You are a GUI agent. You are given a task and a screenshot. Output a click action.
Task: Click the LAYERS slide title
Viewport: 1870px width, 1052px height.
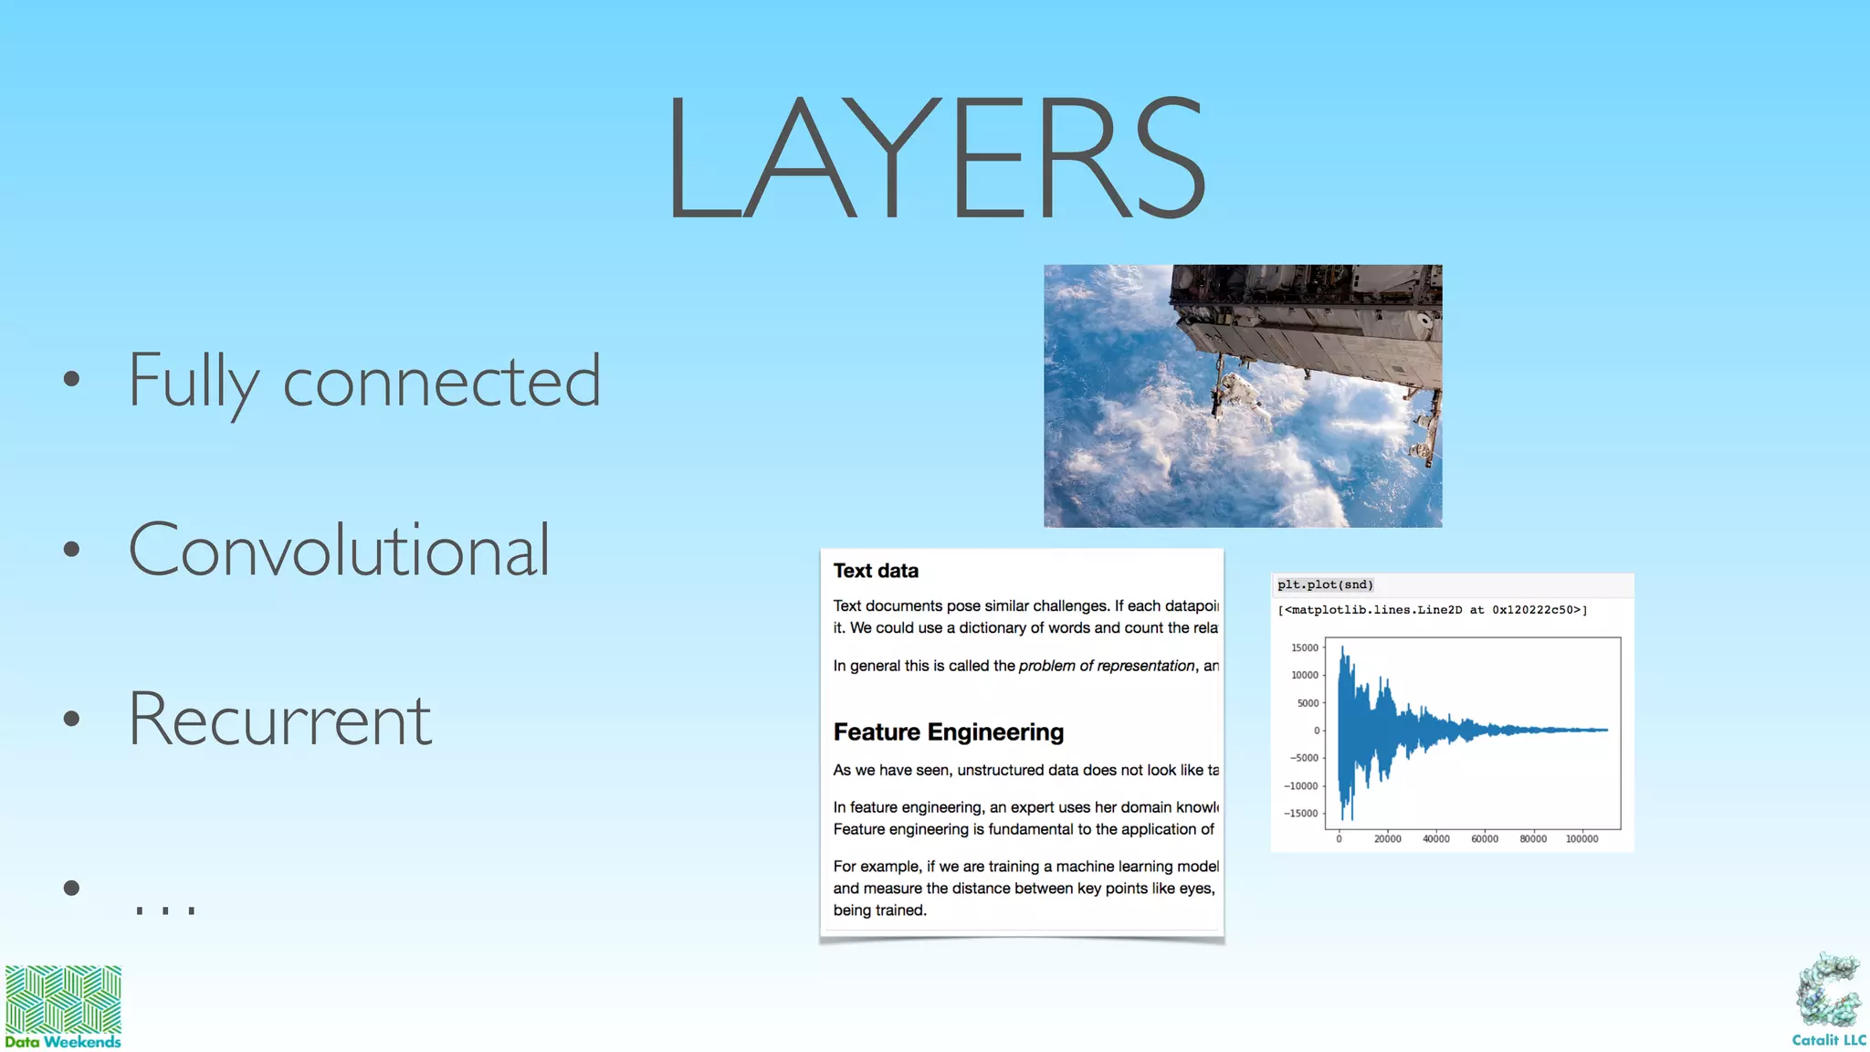(936, 157)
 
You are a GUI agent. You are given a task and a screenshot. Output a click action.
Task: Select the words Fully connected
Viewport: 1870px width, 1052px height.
(363, 381)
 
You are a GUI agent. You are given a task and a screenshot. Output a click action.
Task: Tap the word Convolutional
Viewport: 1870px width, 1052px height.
(339, 550)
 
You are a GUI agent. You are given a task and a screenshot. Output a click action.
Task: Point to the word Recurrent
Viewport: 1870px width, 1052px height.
(279, 720)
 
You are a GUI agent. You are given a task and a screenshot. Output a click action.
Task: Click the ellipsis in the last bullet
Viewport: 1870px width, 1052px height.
(165, 908)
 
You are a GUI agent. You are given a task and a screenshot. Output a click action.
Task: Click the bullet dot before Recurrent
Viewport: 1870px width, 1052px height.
(72, 720)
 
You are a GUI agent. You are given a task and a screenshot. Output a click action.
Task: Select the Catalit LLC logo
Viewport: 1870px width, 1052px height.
(1829, 1001)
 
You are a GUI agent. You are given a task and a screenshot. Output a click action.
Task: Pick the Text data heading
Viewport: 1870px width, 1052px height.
(876, 571)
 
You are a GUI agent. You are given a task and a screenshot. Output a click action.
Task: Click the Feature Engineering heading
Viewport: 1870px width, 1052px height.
(948, 732)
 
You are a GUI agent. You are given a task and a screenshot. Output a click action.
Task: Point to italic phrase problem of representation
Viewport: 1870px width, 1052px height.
(1106, 666)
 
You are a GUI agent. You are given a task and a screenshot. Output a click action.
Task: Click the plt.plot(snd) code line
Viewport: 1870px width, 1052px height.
(1325, 584)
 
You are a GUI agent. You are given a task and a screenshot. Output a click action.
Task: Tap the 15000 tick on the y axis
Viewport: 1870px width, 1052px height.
(1305, 647)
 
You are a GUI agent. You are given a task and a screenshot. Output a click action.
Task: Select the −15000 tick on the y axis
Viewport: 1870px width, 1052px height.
(1302, 814)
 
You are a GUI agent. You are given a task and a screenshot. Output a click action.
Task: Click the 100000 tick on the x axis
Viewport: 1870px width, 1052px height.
(1581, 838)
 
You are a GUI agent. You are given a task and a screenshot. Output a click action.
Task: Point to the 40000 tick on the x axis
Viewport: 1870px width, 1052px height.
(1435, 838)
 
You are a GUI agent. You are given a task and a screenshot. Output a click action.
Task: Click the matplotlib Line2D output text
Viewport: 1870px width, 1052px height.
(1432, 610)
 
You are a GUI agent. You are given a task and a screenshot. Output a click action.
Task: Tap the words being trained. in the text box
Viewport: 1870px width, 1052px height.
(879, 910)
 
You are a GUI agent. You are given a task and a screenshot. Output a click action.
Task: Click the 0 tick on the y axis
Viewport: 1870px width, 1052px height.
(1317, 731)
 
